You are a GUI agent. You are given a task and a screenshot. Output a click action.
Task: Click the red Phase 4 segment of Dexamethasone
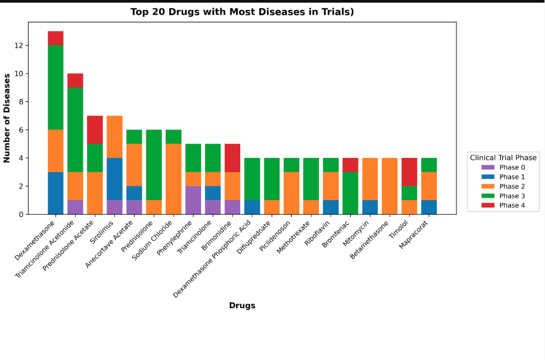pyautogui.click(x=56, y=38)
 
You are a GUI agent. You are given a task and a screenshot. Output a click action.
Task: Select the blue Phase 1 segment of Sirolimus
pyautogui.click(x=114, y=179)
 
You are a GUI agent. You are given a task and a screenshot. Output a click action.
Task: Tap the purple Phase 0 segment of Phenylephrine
pyautogui.click(x=193, y=200)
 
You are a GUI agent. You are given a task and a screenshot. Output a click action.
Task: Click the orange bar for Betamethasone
pyautogui.click(x=390, y=186)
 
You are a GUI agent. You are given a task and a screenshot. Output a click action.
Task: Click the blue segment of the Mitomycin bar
pyautogui.click(x=370, y=207)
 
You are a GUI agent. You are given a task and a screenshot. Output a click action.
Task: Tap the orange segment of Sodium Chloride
pyautogui.click(x=174, y=179)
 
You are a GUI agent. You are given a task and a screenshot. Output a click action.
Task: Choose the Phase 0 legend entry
pyautogui.click(x=503, y=167)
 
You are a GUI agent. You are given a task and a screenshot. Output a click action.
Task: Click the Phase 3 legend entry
pyautogui.click(x=503, y=196)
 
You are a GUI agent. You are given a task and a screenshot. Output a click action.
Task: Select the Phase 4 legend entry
pyautogui.click(x=503, y=205)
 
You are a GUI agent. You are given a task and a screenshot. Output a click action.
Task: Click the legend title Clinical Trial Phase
pyautogui.click(x=503, y=157)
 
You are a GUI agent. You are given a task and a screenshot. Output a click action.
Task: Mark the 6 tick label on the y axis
pyautogui.click(x=21, y=130)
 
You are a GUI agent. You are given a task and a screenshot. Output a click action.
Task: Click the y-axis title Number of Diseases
pyautogui.click(x=7, y=118)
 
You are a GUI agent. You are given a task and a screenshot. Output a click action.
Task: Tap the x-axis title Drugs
pyautogui.click(x=242, y=305)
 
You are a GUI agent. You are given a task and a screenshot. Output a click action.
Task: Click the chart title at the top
pyautogui.click(x=242, y=12)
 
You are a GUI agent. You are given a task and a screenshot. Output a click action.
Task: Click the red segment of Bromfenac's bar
pyautogui.click(x=350, y=165)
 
